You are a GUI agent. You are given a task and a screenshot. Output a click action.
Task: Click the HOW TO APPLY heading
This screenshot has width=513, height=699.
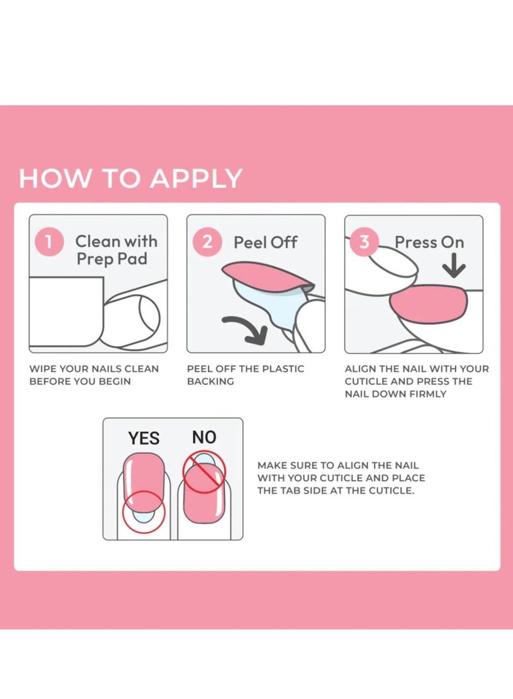[130, 178]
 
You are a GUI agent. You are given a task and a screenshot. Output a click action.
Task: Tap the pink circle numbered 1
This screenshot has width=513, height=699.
[49, 242]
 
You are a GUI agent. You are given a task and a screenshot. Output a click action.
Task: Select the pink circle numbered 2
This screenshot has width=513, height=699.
[207, 242]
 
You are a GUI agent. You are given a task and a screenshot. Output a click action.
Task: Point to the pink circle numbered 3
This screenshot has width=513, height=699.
[364, 242]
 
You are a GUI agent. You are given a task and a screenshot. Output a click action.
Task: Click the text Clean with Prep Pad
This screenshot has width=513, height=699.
[116, 250]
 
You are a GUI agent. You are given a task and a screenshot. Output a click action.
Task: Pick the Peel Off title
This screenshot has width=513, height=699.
[265, 243]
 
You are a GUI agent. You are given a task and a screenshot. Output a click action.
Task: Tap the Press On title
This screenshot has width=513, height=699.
[429, 242]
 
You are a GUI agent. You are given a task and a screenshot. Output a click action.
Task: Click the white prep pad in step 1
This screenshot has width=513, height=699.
[67, 311]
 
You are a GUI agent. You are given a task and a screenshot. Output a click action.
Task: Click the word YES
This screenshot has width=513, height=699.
[144, 438]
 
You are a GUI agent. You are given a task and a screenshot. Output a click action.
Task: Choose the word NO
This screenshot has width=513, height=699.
[204, 438]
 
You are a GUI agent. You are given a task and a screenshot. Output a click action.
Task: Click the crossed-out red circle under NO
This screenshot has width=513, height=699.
[205, 472]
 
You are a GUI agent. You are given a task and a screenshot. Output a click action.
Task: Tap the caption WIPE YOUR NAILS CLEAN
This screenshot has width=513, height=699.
[94, 369]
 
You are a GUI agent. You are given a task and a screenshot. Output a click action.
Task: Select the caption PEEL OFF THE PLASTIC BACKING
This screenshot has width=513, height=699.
[246, 375]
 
